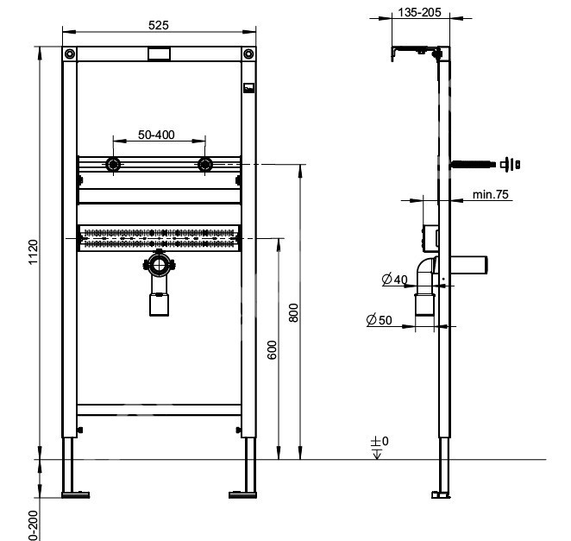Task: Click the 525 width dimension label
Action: point(159,25)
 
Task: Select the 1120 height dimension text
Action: point(33,252)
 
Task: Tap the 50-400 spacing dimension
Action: point(156,135)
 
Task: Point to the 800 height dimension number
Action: point(293,312)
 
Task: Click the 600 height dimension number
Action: point(272,349)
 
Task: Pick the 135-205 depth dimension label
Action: point(419,12)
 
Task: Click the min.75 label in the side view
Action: point(490,194)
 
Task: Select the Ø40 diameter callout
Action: point(394,280)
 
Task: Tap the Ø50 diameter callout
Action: point(380,320)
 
